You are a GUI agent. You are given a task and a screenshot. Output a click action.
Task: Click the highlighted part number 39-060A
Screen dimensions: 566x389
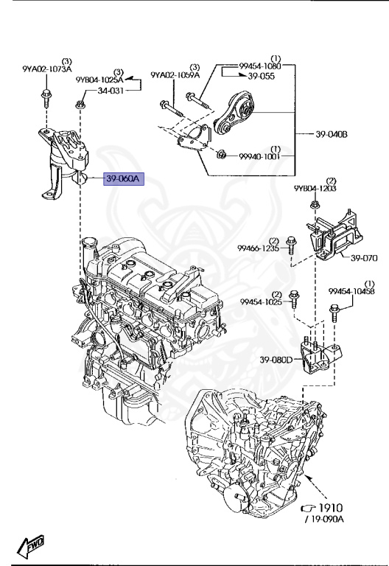[x=126, y=179]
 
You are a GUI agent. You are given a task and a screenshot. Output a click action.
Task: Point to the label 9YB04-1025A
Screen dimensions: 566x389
[x=99, y=78]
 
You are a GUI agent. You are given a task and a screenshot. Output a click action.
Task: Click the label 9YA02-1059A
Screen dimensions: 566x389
[x=175, y=74]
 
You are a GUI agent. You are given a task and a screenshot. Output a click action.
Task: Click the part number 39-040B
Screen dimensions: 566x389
[x=332, y=133]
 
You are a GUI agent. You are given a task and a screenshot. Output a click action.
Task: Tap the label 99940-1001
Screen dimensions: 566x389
[x=259, y=156]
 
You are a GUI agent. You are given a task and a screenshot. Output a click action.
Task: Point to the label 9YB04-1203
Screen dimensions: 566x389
[x=315, y=188]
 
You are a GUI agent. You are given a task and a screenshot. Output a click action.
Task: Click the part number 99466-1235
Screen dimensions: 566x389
[x=258, y=250]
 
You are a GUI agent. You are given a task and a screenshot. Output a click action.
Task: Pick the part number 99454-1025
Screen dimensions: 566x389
[x=260, y=301]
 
